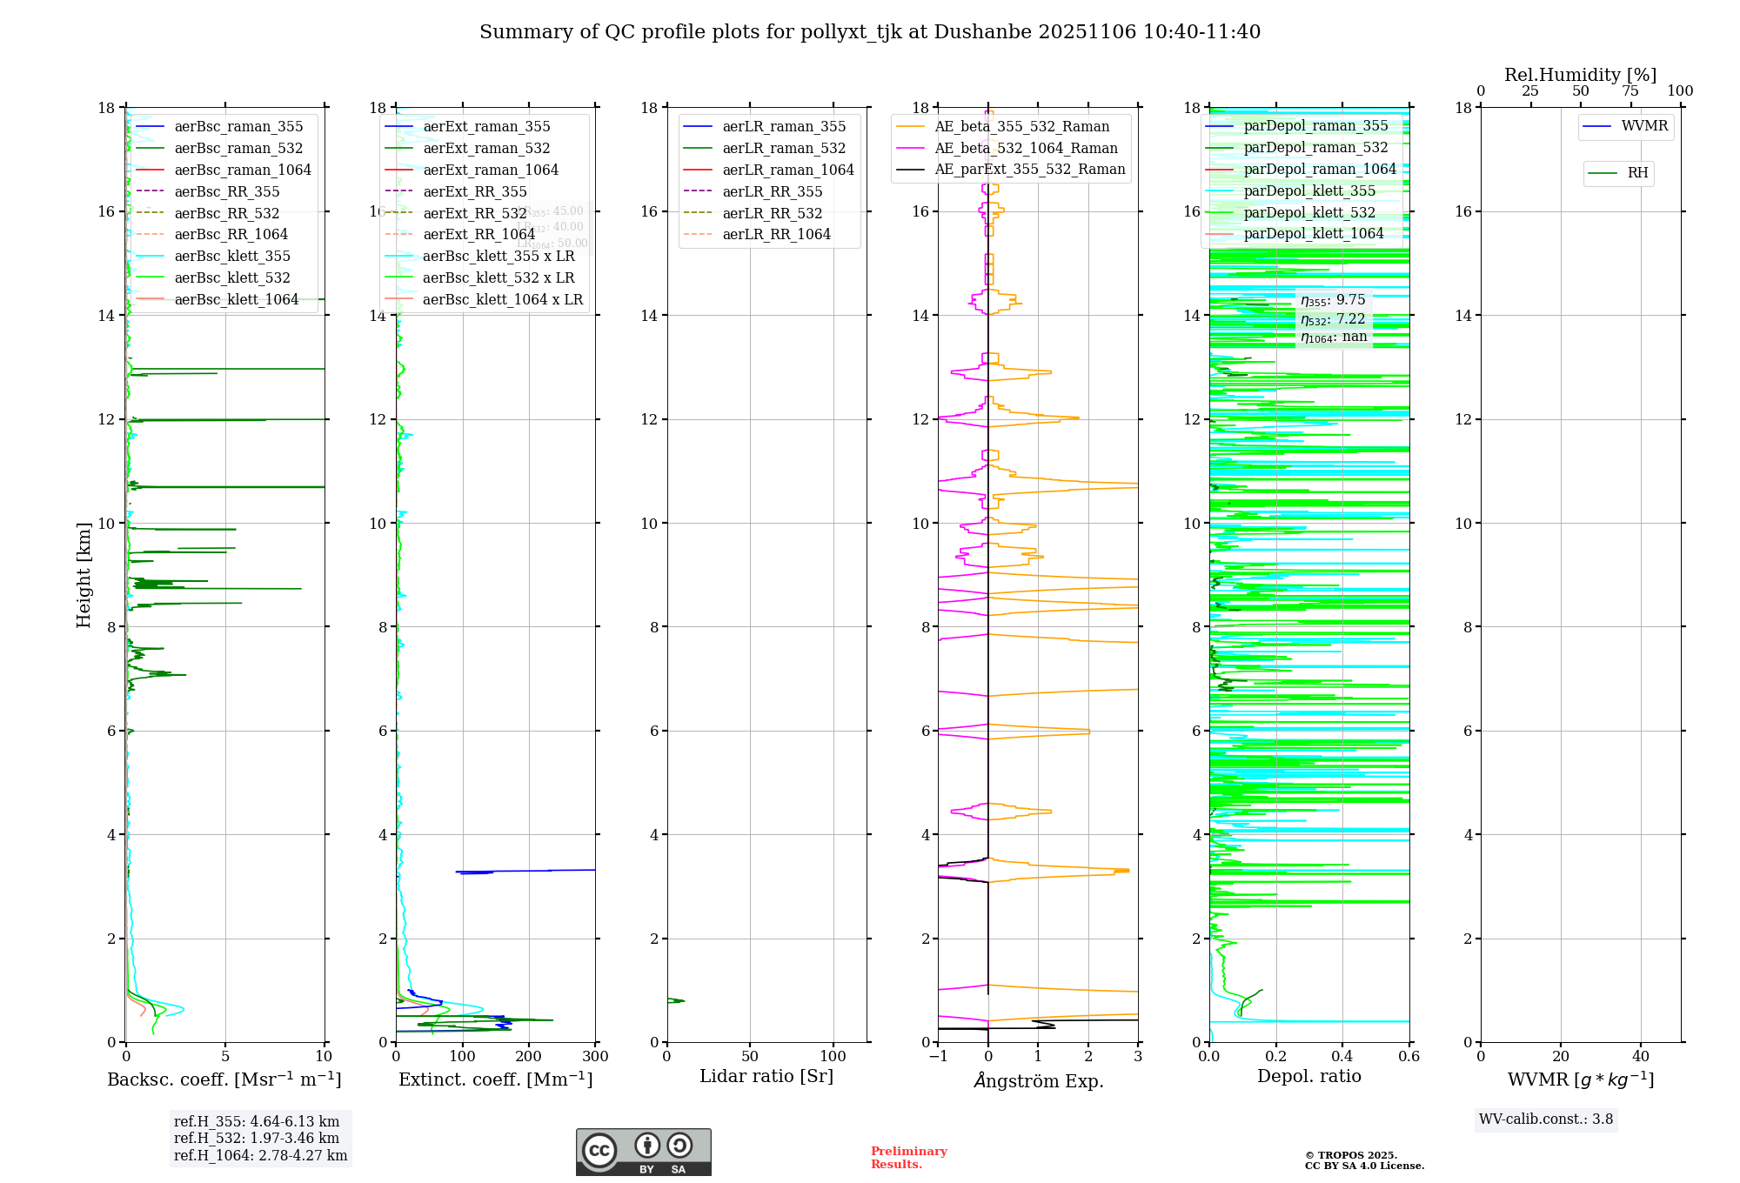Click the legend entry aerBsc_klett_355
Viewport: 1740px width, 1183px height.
[232, 256]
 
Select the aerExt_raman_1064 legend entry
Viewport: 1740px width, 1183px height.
[491, 170]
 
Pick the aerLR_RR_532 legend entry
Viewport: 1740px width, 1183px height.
[772, 213]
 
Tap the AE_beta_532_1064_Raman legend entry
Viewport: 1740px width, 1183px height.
[1026, 148]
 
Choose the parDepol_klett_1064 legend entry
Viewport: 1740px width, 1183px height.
[1313, 233]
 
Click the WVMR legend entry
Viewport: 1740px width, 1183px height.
[1644, 126]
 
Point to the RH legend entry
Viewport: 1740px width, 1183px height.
[1637, 173]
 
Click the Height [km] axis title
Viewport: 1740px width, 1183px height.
[84, 574]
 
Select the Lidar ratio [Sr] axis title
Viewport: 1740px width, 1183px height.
[766, 1076]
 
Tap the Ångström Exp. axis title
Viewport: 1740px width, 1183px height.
[1038, 1080]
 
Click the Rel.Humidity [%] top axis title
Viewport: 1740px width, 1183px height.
[1580, 75]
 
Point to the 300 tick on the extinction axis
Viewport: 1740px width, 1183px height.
[595, 1057]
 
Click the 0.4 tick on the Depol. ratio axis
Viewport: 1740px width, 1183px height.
[1342, 1057]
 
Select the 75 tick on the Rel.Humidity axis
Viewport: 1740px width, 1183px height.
[1630, 91]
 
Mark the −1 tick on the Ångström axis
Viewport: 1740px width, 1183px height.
[938, 1057]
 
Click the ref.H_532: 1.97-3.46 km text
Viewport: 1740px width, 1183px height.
[257, 1138]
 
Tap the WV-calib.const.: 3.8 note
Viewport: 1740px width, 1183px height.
[1546, 1120]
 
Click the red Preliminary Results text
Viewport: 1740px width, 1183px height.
[908, 1158]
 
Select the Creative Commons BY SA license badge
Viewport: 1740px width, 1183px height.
[643, 1153]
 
